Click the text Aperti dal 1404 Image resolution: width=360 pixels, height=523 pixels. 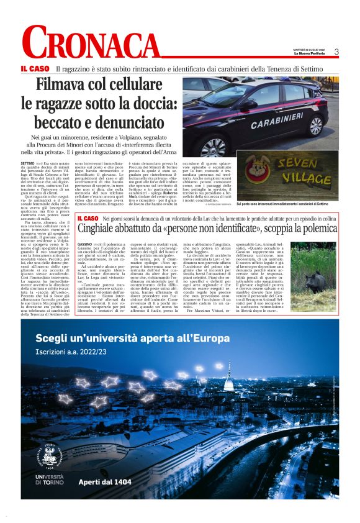point(104,481)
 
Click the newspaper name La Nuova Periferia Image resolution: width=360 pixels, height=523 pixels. point(311,55)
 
